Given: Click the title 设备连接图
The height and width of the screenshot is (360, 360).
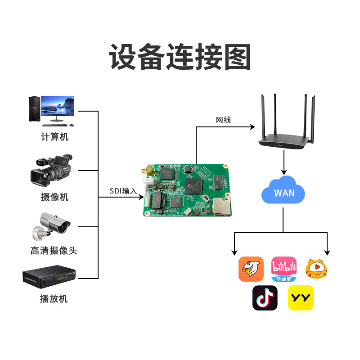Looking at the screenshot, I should (180, 57).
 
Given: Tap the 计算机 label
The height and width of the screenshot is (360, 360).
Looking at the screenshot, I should (55, 137).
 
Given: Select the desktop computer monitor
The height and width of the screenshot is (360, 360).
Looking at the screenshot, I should (58, 107).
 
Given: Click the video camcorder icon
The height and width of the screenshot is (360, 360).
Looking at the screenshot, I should (51, 171).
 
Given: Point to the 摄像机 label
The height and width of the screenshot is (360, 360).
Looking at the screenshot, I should (55, 197).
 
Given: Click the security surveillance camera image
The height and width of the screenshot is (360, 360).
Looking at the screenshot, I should (51, 225).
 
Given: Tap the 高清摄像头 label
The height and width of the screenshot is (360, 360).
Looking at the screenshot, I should (54, 251).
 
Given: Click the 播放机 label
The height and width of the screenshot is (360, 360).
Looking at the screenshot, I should (54, 298).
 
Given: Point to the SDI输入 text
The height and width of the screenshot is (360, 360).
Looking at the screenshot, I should (123, 191).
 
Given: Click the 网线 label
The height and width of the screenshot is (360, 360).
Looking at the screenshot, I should (223, 120).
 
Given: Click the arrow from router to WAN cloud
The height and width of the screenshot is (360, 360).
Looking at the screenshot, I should (284, 163).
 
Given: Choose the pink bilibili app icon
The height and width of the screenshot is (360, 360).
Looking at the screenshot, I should (284, 269).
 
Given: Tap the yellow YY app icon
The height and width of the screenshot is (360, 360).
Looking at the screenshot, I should (301, 297).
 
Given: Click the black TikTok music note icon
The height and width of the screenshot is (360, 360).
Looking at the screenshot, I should (265, 297).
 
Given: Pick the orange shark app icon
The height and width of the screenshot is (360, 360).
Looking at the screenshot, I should (251, 269).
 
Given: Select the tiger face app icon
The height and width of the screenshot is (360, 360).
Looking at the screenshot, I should (316, 269).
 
